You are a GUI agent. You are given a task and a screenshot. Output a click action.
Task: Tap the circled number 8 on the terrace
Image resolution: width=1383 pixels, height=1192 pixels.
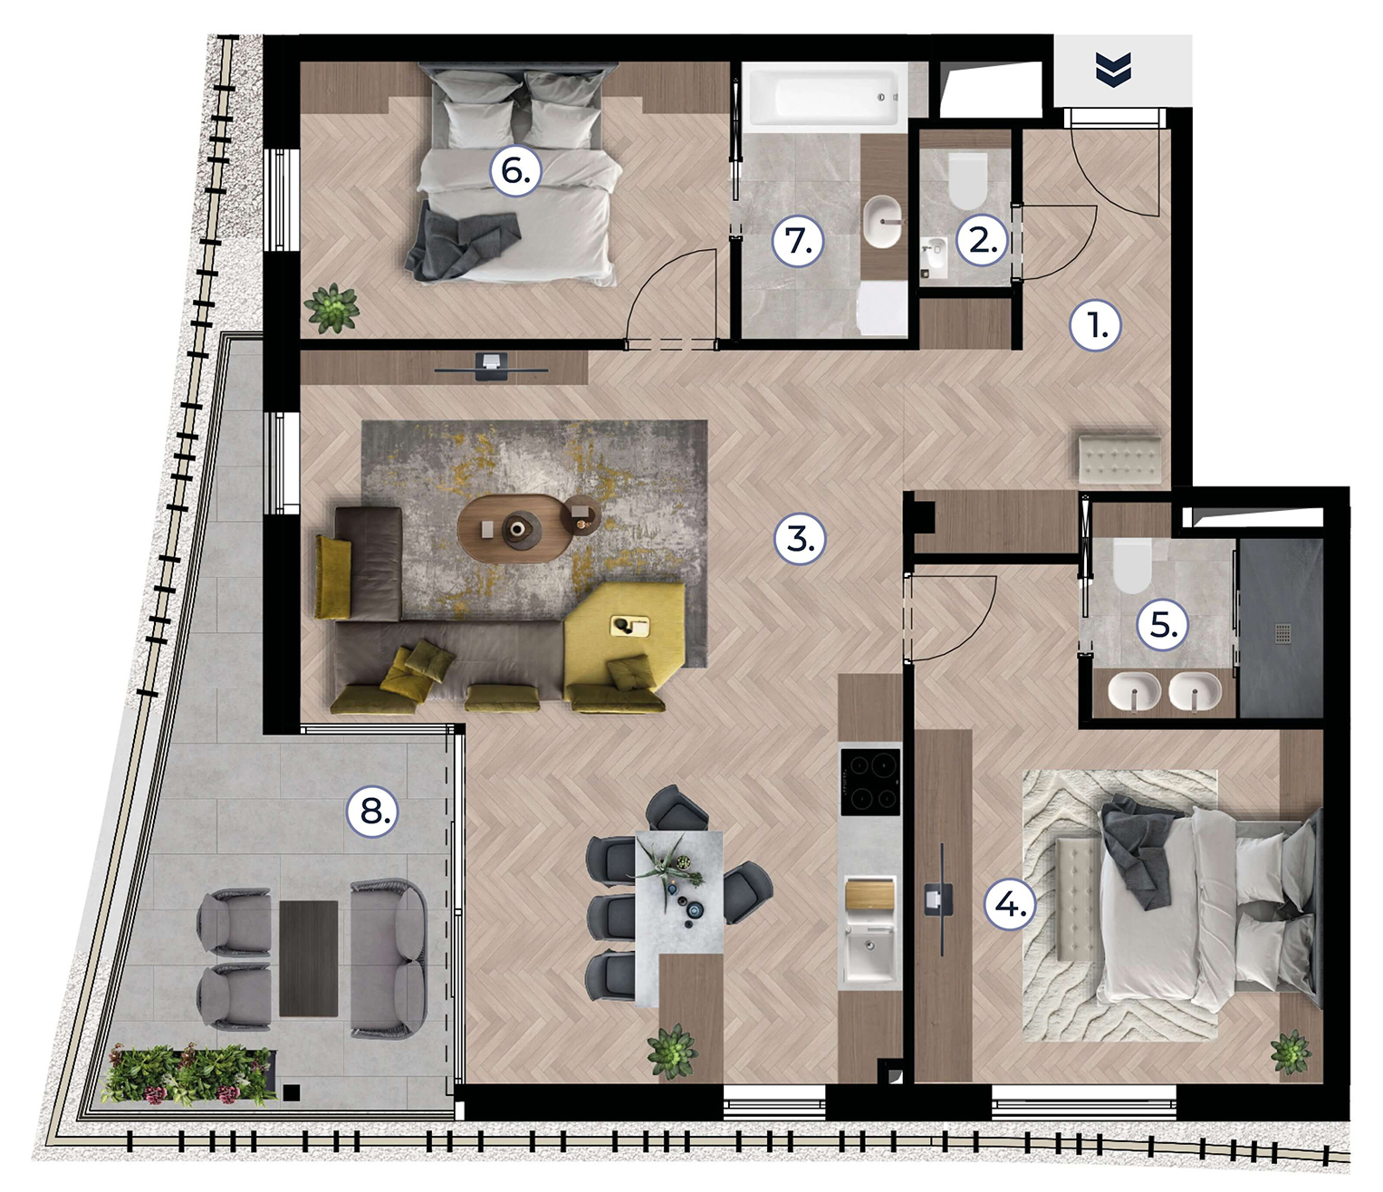tap(372, 812)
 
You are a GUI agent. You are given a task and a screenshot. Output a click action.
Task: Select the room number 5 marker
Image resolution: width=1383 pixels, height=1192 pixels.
tap(1163, 626)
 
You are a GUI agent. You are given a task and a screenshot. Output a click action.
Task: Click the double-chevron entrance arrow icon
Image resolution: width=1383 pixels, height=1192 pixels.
tap(1113, 69)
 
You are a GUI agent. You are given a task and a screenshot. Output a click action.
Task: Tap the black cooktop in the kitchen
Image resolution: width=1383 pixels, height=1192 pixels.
tap(869, 781)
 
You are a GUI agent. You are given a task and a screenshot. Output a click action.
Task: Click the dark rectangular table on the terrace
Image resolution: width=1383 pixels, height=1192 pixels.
tap(309, 958)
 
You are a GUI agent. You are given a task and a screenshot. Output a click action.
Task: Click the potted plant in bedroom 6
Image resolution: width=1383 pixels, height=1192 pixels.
tap(331, 308)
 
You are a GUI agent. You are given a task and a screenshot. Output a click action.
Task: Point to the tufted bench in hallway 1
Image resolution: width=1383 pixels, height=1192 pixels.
tap(1119, 460)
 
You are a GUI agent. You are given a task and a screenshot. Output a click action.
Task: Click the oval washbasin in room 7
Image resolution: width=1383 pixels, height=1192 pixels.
tap(882, 222)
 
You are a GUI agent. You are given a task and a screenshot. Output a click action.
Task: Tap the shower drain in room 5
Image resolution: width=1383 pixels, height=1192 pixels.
tap(1282, 632)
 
